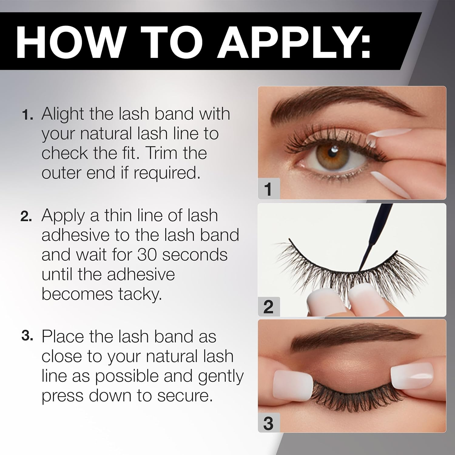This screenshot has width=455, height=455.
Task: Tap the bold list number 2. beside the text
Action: [x=26, y=217]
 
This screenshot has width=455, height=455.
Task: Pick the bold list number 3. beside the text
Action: [x=27, y=336]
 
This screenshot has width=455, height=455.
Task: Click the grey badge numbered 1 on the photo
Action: [x=268, y=189]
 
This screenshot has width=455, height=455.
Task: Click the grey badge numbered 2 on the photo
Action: [x=268, y=307]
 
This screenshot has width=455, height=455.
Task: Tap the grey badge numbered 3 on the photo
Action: [x=268, y=423]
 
